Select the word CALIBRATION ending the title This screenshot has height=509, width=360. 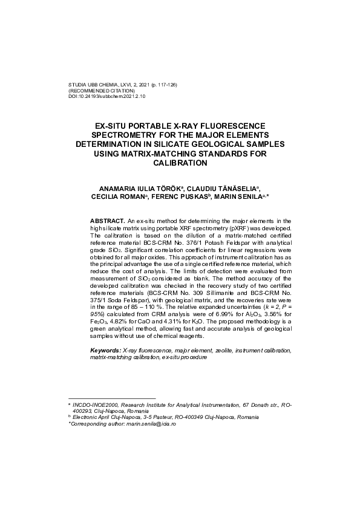pos(180,163)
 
